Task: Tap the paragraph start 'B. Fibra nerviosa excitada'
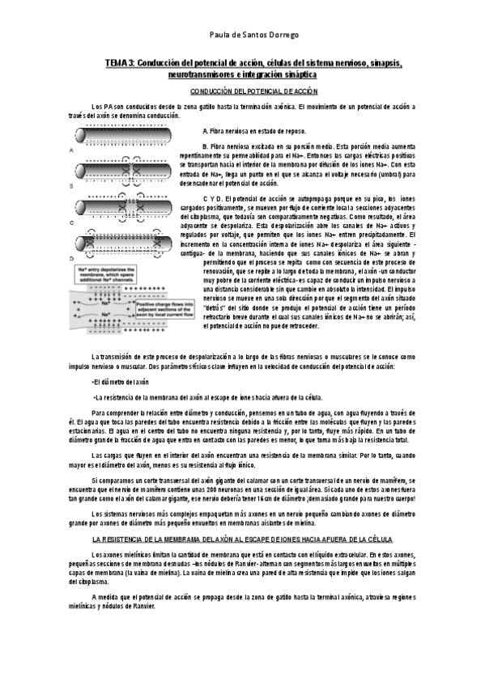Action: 243,146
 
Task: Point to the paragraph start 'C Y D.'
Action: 215,199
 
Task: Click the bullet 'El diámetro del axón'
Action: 121,381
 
